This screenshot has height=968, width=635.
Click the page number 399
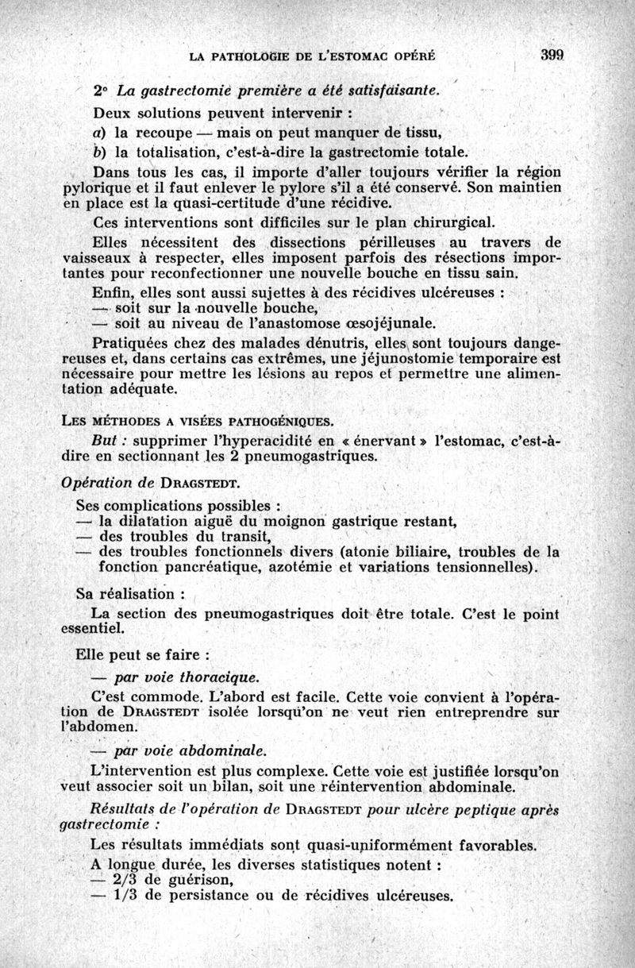551,56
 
